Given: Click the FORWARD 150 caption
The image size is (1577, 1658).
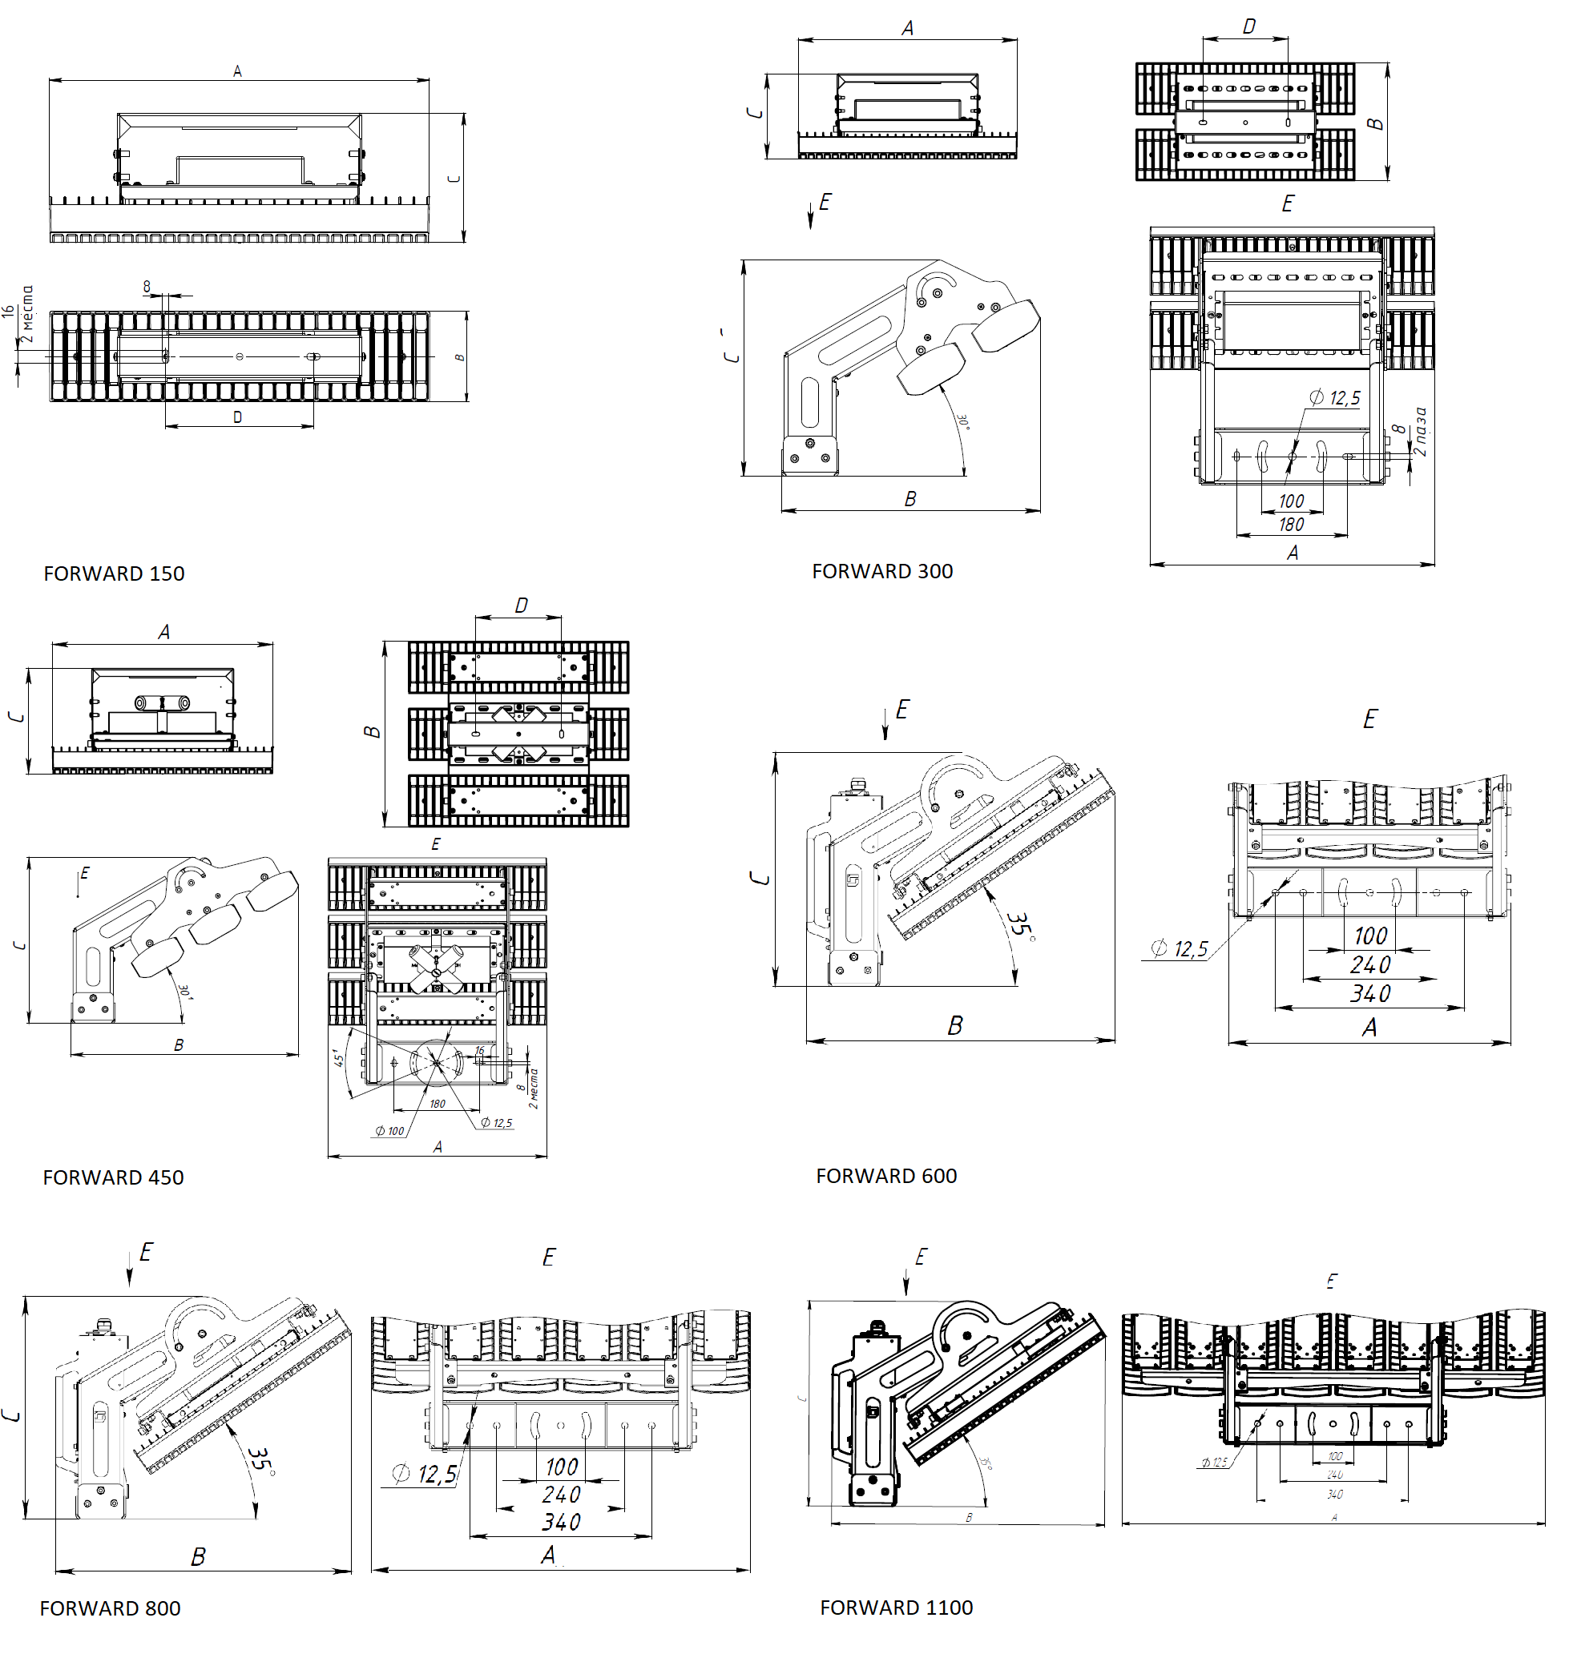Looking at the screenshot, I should pos(114,573).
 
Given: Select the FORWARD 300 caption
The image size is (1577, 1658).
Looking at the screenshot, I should pos(881,570).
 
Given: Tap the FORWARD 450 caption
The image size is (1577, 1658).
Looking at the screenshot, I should pos(113,1177).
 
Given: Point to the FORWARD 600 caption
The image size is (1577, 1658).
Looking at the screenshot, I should pos(886,1175).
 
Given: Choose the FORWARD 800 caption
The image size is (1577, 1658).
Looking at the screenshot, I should pos(109,1608).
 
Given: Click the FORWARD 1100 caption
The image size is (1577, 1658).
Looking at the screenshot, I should pos(896,1607).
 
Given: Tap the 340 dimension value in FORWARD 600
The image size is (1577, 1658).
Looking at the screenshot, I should pos(1370,993).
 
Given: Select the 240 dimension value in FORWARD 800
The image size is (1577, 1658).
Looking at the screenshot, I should pos(561,1494).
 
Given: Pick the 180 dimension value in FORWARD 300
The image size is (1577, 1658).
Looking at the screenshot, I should pos(1291,525).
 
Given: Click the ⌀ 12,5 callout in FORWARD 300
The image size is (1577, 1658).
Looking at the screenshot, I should pos(1335,397).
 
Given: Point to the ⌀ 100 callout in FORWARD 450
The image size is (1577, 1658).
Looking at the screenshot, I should pos(390,1131).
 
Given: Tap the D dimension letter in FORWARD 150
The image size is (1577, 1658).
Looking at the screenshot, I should pos(238,417).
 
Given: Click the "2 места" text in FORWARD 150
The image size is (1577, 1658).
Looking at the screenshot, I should pos(28,313).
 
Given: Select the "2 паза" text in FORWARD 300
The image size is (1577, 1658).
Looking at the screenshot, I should pos(1420,431).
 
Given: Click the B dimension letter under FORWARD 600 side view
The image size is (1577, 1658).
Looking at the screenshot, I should pos(955,1025).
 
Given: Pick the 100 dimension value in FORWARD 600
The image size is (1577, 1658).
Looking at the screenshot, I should pos(1370,936).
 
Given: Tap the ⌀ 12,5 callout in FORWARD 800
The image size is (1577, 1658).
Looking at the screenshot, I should pos(426,1474).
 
